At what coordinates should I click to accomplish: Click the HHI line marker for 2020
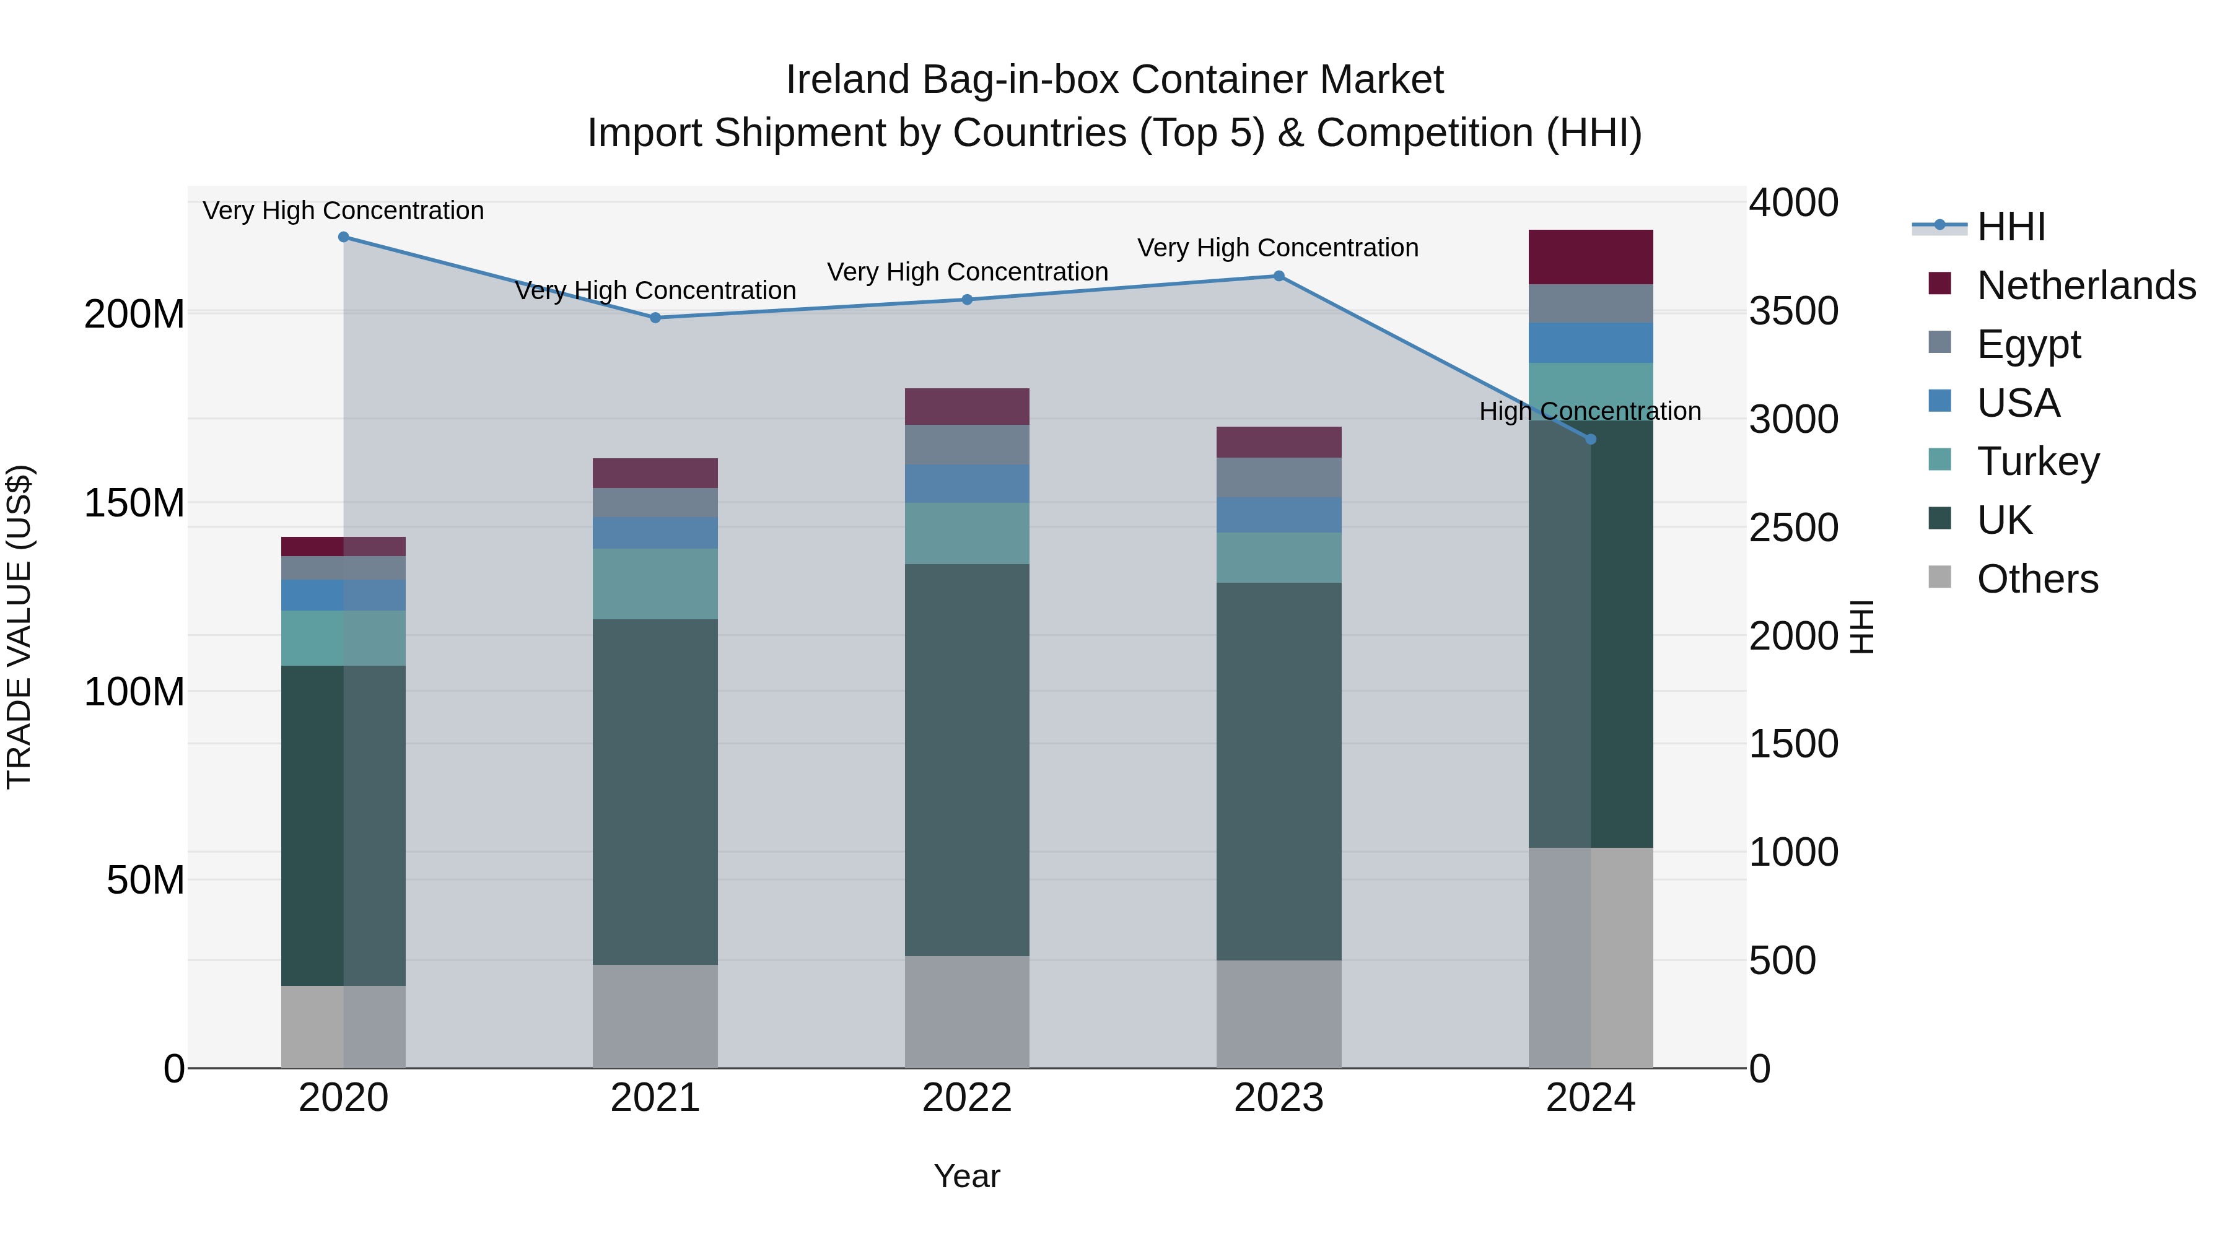tap(344, 237)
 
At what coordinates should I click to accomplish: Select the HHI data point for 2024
tap(1590, 440)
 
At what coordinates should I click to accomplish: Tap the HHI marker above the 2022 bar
tap(968, 300)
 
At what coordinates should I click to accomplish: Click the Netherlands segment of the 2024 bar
tap(1590, 257)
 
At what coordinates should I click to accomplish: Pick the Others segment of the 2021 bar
tap(655, 1016)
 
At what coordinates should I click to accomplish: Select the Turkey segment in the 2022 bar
tap(967, 534)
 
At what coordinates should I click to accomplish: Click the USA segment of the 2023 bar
tap(1279, 515)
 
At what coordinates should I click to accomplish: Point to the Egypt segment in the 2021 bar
tap(655, 503)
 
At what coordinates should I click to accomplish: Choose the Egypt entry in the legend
tap(2028, 344)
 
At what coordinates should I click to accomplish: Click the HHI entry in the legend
tap(2011, 227)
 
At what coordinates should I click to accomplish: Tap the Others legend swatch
tap(1940, 577)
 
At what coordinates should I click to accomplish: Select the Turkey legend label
tap(2038, 461)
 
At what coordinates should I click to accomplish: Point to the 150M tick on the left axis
tap(134, 503)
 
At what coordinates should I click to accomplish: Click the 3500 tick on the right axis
tap(1793, 311)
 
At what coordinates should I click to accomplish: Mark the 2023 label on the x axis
tap(1279, 1098)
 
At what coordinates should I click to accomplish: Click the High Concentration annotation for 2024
tap(1589, 411)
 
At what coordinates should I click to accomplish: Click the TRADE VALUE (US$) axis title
tap(20, 627)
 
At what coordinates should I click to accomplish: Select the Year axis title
tap(967, 1176)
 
